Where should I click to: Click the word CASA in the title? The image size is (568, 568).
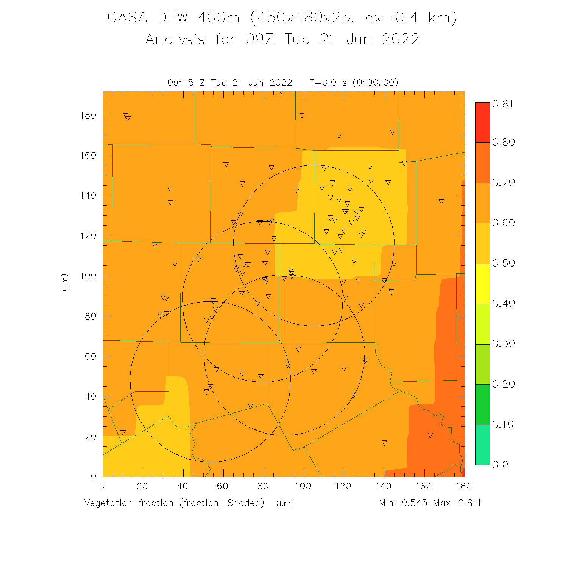pos(127,17)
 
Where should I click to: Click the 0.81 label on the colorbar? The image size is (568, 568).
pos(502,104)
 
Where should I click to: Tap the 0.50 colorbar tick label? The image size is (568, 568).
pos(503,263)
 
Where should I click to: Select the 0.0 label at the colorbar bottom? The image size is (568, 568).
pos(500,465)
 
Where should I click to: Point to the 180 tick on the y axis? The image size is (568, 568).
pos(88,115)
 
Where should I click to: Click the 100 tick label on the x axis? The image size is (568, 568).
pos(303,486)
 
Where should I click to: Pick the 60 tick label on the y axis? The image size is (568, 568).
pos(91,356)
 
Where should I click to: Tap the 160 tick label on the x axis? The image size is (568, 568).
pos(423,486)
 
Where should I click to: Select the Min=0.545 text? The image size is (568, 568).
pos(403,503)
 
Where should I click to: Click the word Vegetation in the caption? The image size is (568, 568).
pos(108,503)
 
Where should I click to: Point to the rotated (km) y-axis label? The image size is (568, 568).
pos(64,282)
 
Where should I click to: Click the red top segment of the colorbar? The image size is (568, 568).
pos(482,122)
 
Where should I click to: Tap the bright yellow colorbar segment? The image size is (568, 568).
pos(482,283)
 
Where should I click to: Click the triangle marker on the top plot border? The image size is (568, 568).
pos(281,92)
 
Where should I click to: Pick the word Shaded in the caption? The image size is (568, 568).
pos(246,503)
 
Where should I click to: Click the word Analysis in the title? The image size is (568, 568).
pos(175,39)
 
